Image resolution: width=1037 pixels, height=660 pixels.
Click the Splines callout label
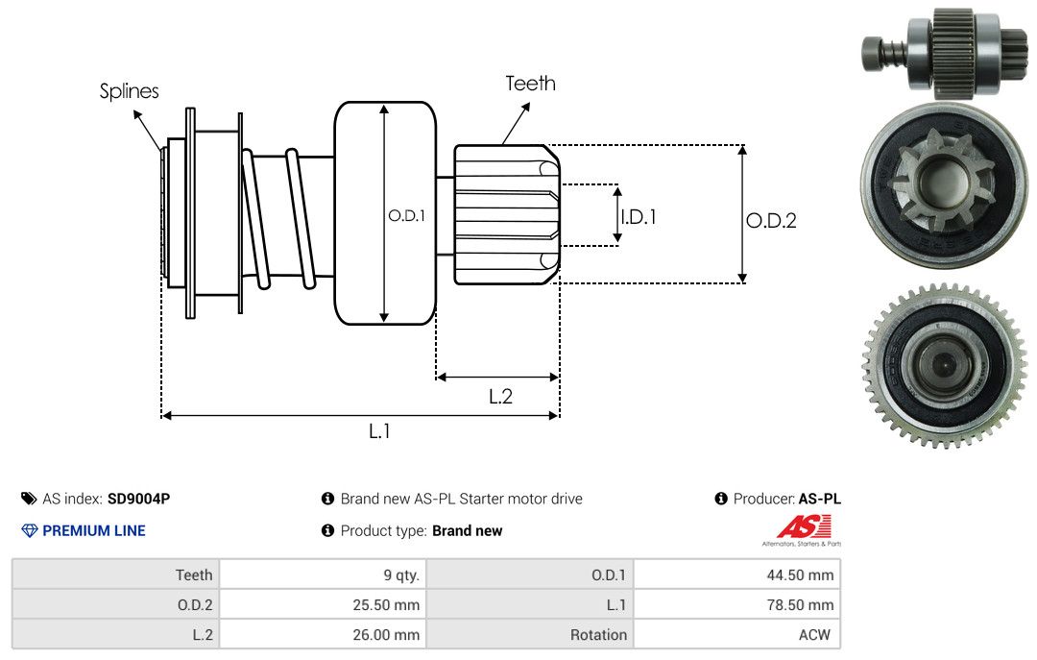tap(129, 91)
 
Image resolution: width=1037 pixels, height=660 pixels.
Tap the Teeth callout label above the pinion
tap(530, 84)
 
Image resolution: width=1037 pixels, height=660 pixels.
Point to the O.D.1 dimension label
tap(406, 216)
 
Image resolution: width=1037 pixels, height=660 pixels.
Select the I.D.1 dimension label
tap(638, 217)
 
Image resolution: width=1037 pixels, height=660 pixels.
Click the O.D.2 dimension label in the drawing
tap(771, 221)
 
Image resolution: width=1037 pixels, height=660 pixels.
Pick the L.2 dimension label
tap(500, 396)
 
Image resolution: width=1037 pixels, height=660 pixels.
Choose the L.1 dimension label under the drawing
tap(379, 431)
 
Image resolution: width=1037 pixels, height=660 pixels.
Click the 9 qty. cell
tap(401, 575)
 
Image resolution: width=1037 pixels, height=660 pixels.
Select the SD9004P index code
tap(139, 499)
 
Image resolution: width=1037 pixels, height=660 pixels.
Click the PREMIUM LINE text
tap(94, 530)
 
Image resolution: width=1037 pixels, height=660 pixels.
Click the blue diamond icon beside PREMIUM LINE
tap(29, 530)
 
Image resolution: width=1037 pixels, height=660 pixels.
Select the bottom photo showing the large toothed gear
tap(943, 365)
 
